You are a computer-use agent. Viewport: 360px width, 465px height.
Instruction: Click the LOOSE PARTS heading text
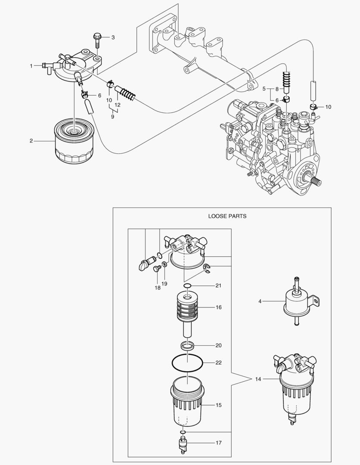[x=227, y=216]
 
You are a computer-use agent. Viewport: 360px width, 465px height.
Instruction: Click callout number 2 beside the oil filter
[x=31, y=141]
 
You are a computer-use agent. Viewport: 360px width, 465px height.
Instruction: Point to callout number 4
[x=260, y=301]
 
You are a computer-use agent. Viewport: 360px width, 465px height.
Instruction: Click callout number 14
[x=258, y=379]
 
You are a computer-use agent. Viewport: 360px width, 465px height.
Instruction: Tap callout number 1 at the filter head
[x=31, y=66]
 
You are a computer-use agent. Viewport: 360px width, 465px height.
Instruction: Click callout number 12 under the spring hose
[x=118, y=105]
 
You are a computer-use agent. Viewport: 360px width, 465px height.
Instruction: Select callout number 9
[x=112, y=116]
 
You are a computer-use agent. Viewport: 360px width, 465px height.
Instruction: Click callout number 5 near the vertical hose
[x=264, y=89]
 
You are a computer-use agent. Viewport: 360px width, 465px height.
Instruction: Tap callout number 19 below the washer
[x=164, y=284]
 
